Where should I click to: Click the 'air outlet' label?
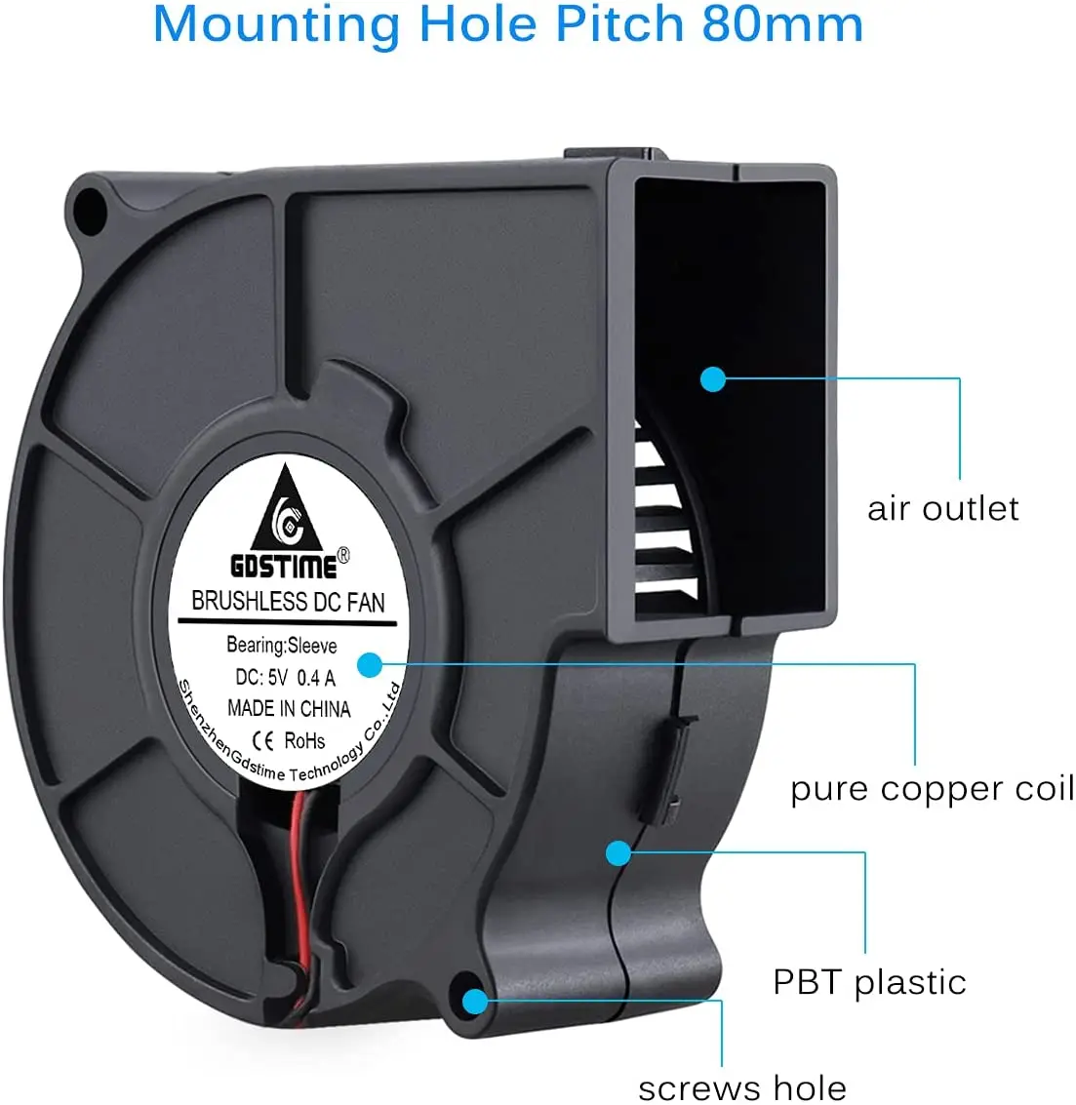pyautogui.click(x=942, y=508)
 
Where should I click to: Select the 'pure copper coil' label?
pyautogui.click(x=932, y=789)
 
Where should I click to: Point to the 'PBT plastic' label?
pyautogui.click(x=869, y=982)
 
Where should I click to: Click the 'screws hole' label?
pyautogui.click(x=742, y=1086)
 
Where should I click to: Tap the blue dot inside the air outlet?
pyautogui.click(x=713, y=378)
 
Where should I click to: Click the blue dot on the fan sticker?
pyautogui.click(x=369, y=665)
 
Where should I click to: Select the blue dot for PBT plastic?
pyautogui.click(x=618, y=853)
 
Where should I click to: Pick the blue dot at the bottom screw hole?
pyautogui.click(x=475, y=1002)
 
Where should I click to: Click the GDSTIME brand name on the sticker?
pyautogui.click(x=283, y=566)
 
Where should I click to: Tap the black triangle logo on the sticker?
pyautogui.click(x=287, y=512)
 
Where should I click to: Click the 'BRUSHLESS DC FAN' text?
pyautogui.click(x=288, y=602)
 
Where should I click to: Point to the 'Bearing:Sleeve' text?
pyautogui.click(x=281, y=645)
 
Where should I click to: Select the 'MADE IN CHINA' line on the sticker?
pyautogui.click(x=288, y=709)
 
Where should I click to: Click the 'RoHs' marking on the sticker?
pyautogui.click(x=304, y=741)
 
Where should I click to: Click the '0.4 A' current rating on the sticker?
pyautogui.click(x=316, y=678)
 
